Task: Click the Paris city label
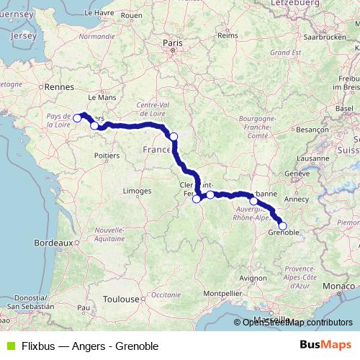173,43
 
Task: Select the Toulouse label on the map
120,298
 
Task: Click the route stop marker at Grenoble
282,226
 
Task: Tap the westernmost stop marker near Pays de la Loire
77,117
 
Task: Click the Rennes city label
55,86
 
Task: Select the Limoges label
137,191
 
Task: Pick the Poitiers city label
106,154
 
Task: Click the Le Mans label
102,96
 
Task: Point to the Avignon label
253,276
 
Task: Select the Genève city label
296,174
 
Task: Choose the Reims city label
228,35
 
